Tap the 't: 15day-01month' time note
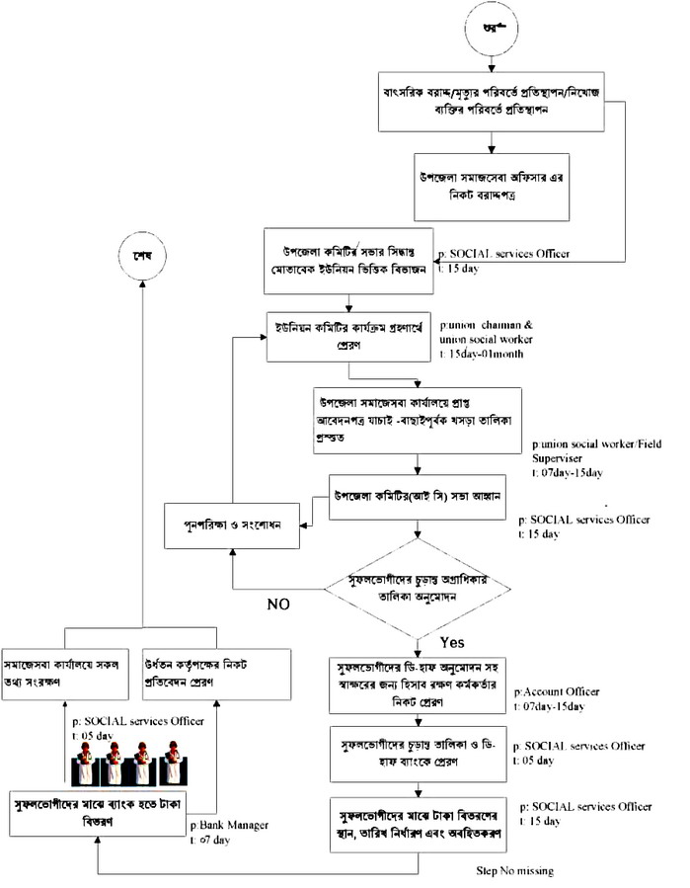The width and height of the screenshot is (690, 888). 490,355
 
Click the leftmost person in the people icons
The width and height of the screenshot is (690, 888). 86,759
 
